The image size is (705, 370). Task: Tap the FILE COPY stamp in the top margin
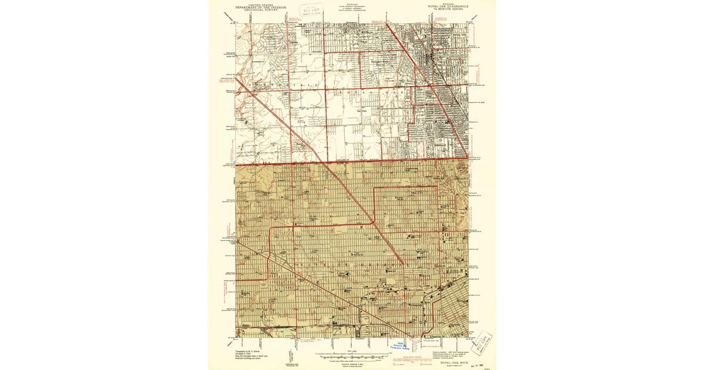307,9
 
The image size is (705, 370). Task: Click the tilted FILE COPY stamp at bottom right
483,342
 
